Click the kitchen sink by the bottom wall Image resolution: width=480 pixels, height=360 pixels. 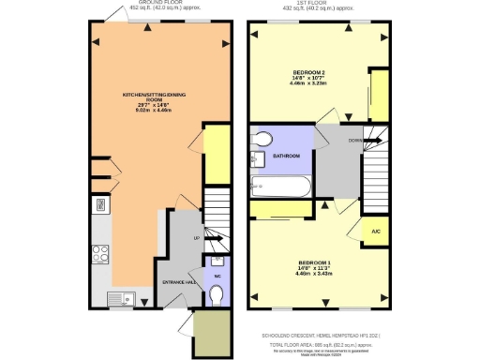click(x=121, y=299)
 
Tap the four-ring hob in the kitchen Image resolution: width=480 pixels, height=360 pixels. click(x=99, y=253)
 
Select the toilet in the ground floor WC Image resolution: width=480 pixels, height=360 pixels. click(x=217, y=294)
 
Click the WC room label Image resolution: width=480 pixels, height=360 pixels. click(x=216, y=277)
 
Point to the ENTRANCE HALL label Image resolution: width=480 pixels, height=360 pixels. click(x=180, y=281)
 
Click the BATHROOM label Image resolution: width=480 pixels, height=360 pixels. click(x=286, y=156)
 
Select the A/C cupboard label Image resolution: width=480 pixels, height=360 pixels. click(x=374, y=231)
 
